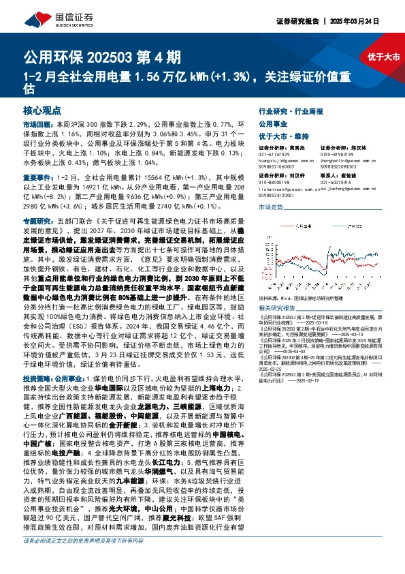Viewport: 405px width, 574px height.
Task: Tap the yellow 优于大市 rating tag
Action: (383, 57)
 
